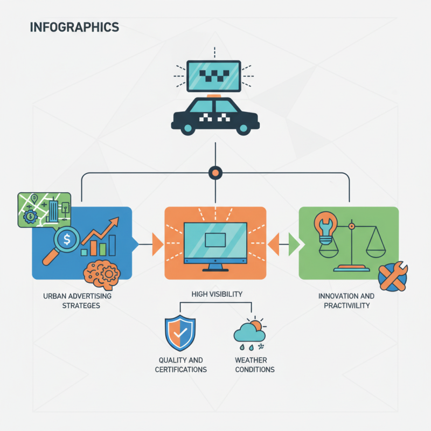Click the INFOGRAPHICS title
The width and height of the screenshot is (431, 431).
click(x=74, y=26)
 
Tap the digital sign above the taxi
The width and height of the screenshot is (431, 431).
click(x=214, y=75)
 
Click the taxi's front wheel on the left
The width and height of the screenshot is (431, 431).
click(x=187, y=128)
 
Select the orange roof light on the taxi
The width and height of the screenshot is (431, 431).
click(x=215, y=96)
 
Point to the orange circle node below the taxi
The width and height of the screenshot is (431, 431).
click(x=215, y=173)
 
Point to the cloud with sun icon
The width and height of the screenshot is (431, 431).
click(x=249, y=332)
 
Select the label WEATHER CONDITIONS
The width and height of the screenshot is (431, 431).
click(x=255, y=365)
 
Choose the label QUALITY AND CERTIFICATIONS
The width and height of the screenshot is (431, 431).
click(x=180, y=365)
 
